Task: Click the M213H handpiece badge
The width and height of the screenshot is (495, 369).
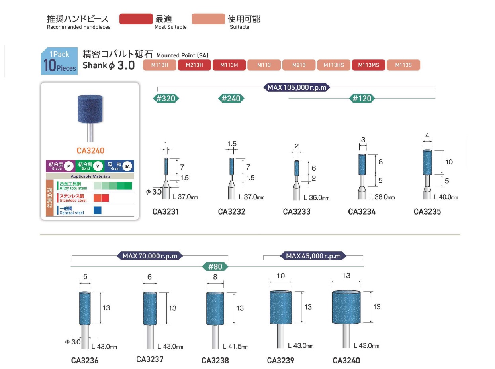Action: point(194,65)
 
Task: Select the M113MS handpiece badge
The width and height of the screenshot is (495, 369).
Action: point(368,65)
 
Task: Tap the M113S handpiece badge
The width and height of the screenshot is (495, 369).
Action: point(403,65)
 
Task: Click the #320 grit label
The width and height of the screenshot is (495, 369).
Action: point(166,99)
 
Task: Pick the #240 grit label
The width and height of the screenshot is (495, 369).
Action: point(231,99)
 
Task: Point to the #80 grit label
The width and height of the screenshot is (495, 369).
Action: point(215,266)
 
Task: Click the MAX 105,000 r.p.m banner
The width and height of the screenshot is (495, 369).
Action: point(297,87)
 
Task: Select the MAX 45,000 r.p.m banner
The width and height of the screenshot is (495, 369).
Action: point(313,256)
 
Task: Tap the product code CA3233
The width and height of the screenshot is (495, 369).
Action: point(297,212)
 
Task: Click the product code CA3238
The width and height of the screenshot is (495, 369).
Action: point(215,361)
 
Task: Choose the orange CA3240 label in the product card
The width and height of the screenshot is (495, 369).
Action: point(90,151)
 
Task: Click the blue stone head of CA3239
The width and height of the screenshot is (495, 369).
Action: point(280,307)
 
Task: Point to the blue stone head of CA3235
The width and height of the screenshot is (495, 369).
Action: point(428,162)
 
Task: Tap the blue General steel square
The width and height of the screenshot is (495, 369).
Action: point(98,210)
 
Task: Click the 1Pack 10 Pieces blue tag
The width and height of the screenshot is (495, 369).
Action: point(59,61)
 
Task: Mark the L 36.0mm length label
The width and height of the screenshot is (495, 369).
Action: point(316,198)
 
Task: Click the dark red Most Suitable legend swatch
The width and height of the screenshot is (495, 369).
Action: point(136,19)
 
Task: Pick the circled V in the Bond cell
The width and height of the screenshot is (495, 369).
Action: point(99,166)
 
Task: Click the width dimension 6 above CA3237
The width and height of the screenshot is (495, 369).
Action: point(149,277)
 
